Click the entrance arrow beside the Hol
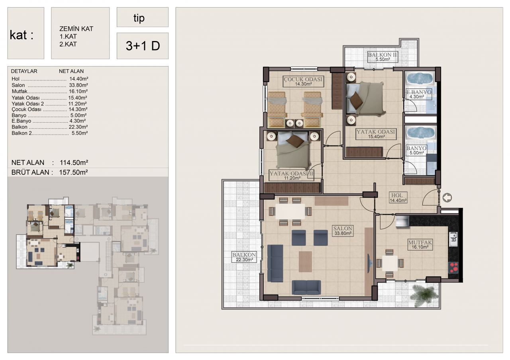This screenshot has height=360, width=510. point(447,198)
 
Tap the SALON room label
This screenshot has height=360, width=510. point(343,230)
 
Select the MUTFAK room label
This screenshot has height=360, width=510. point(420,245)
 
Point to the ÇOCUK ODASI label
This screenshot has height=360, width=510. point(303,81)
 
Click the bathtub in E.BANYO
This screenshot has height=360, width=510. point(420,78)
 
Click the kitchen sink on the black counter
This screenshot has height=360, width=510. point(453,239)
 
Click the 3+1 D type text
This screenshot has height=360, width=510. point(143,46)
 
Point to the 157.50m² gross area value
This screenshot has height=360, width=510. point(74,172)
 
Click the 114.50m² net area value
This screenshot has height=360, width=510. point(74,162)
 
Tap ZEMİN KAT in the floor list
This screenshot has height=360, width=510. point(76,29)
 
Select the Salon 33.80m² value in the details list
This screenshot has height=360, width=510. point(78,85)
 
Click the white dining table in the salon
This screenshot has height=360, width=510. point(290,211)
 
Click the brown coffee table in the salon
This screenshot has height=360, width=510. point(305,262)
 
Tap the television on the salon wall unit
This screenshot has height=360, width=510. point(369,263)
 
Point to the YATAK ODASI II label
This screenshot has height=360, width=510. point(292,176)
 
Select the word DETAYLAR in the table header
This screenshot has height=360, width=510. point(24,71)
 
